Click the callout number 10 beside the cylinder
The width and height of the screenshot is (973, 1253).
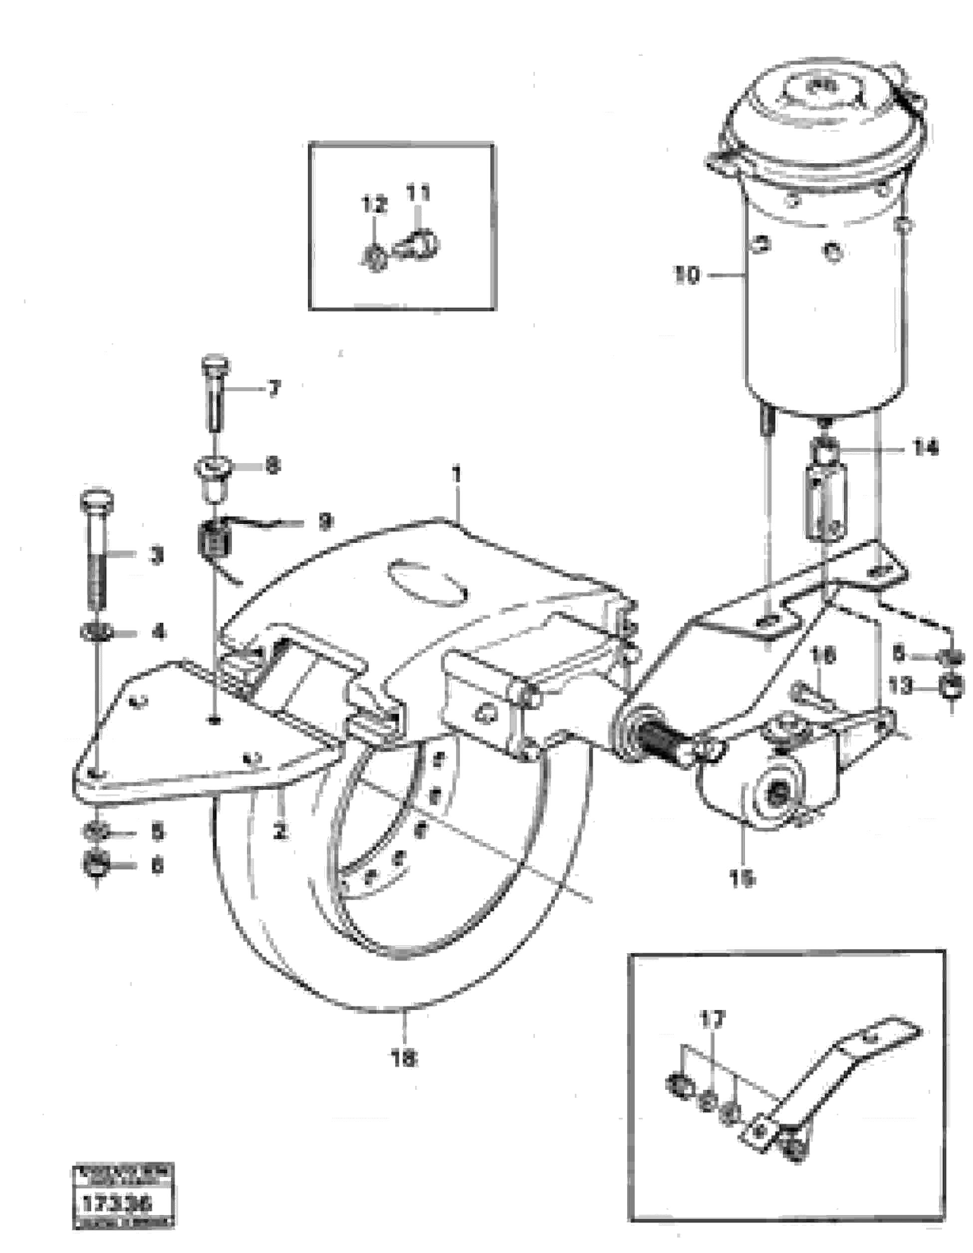point(688,275)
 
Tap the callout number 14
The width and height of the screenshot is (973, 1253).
point(924,447)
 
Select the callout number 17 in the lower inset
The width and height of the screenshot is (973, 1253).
point(713,1019)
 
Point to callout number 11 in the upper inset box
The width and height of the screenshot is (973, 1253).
point(418,193)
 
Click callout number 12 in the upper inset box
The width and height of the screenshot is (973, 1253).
point(374,204)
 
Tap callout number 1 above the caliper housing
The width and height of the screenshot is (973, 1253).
point(456,476)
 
